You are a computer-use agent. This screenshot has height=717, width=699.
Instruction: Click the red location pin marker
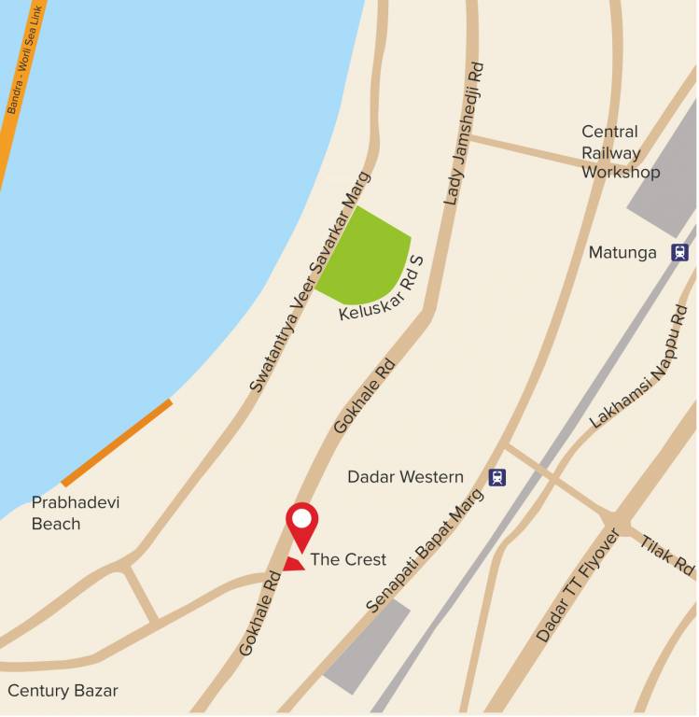point(301,524)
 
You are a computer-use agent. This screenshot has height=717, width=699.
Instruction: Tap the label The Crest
point(348,559)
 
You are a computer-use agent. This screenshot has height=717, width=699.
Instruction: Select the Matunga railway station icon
point(679,252)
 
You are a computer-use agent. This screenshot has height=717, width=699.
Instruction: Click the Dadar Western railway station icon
point(497,477)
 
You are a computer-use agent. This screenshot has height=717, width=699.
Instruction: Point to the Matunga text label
point(622,253)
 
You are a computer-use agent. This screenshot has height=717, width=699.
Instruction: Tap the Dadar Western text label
point(405,477)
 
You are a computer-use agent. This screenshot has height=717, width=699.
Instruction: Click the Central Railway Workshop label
point(620,152)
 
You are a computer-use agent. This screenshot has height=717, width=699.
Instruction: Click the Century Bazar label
point(63,691)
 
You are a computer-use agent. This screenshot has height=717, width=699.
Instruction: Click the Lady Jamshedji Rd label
point(464,134)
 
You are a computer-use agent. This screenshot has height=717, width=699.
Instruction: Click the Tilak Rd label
point(668,555)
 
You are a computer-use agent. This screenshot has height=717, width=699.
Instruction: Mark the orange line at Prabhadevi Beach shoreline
point(117,443)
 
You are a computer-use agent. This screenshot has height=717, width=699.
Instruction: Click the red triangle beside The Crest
point(294,563)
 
